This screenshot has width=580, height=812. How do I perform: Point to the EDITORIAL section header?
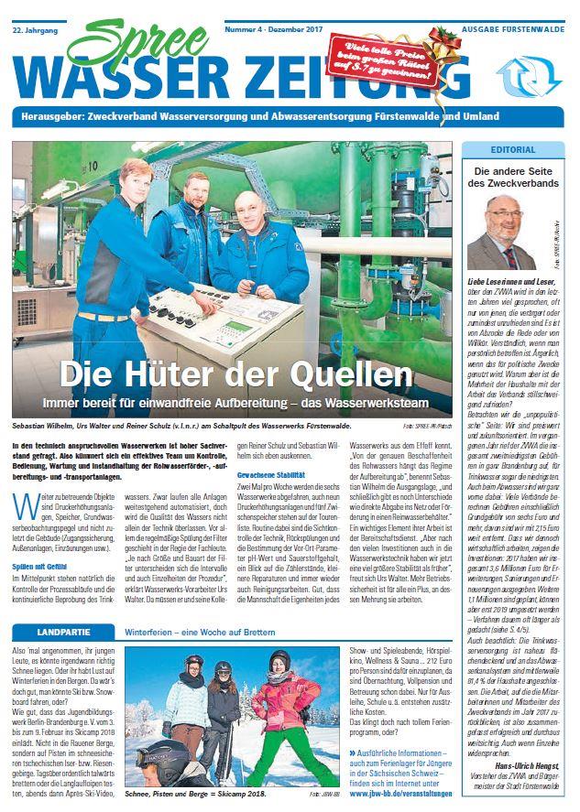click(x=513, y=149)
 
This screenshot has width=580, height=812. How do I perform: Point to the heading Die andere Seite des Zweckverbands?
click(x=513, y=177)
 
